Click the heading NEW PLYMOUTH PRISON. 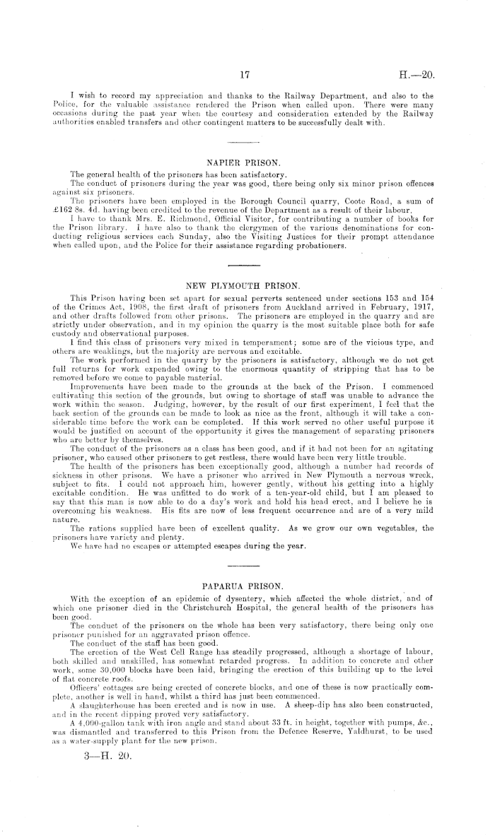coord(247,288)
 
